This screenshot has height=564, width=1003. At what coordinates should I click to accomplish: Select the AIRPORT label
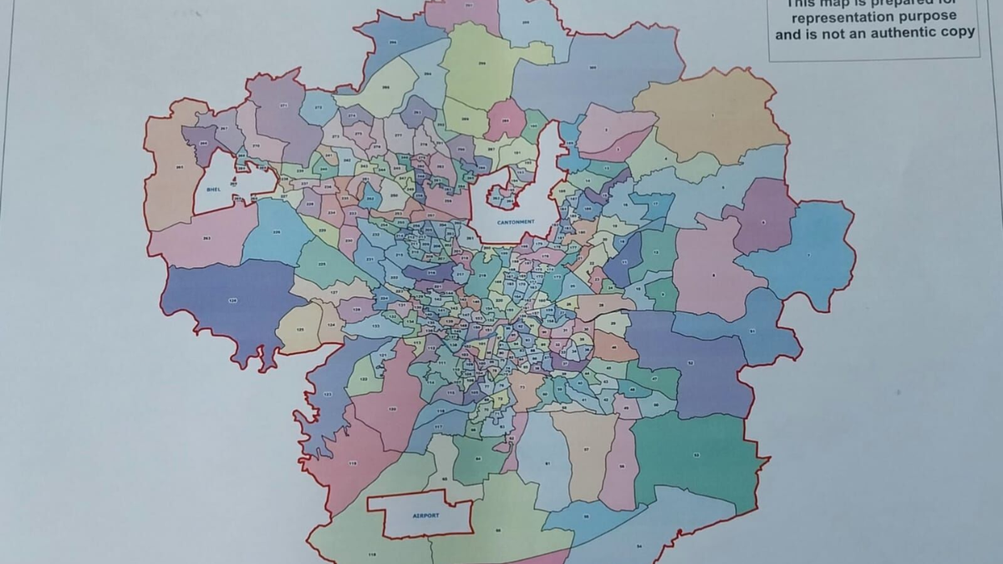click(x=425, y=516)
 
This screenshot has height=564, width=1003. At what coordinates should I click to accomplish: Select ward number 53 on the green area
click(x=695, y=455)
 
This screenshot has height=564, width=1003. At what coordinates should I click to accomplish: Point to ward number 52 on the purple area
click(x=690, y=362)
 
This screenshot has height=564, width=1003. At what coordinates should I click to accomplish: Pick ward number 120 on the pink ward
click(x=392, y=409)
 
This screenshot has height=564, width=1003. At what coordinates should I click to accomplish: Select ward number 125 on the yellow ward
click(x=299, y=330)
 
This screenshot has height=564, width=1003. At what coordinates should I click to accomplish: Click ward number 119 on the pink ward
click(x=353, y=462)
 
